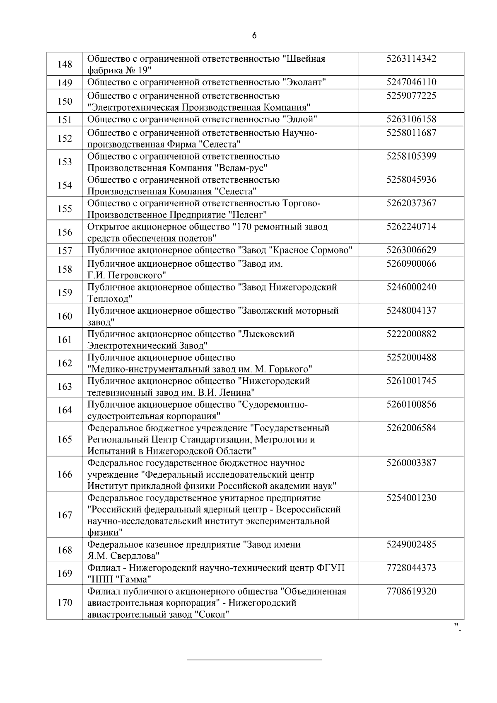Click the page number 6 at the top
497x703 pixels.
[254, 36]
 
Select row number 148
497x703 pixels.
[65, 64]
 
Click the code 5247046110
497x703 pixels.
[411, 82]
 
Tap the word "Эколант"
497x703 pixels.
[304, 82]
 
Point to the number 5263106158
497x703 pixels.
[411, 119]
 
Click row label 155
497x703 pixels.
[65, 208]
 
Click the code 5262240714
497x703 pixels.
[411, 227]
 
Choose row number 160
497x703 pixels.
[65, 316]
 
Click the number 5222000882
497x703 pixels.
[411, 334]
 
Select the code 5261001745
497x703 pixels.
[411, 381]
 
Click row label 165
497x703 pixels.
[65, 439]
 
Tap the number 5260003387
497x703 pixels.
[411, 463]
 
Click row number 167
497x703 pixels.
[65, 515]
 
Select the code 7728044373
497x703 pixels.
[411, 568]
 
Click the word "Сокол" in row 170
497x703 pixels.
[212, 615]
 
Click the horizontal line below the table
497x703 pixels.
[254, 659]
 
